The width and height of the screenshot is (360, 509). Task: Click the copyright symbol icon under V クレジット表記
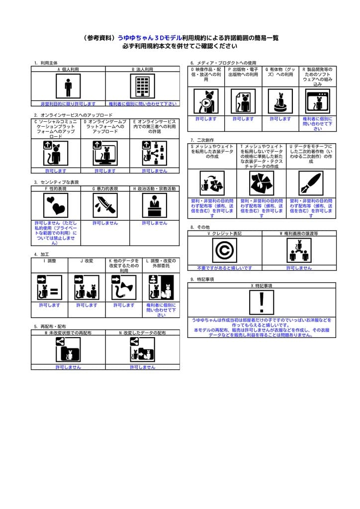click(x=225, y=250)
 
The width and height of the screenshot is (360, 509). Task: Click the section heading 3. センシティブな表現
click(x=56, y=182)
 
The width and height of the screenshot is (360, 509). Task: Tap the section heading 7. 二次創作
click(x=202, y=140)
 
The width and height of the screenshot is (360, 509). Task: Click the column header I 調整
click(x=50, y=260)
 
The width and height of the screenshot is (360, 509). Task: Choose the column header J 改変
click(x=87, y=260)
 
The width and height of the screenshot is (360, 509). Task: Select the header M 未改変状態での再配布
click(x=68, y=333)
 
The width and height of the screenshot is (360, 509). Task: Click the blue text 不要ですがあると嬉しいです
click(x=225, y=268)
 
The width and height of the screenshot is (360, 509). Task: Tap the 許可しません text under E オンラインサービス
click(x=154, y=170)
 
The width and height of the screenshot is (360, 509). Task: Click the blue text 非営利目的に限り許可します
click(x=68, y=103)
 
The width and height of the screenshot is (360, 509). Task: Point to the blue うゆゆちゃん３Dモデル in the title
click(x=149, y=38)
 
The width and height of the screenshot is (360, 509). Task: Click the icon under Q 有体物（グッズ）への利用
click(x=280, y=102)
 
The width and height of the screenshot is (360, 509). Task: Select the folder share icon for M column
click(x=68, y=349)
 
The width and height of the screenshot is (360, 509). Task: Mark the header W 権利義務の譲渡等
click(x=299, y=233)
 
